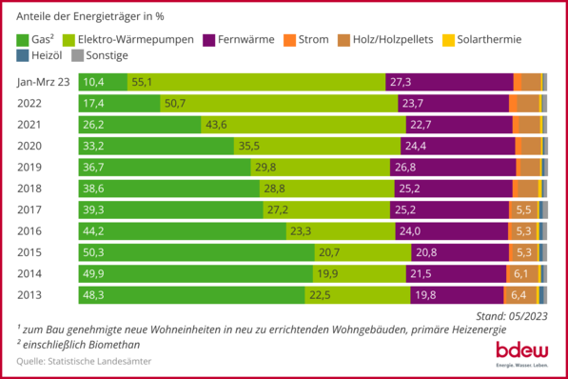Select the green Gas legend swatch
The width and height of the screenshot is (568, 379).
pos(24,40)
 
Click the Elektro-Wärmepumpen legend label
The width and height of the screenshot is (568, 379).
pos(139,40)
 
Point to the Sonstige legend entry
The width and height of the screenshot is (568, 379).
pos(107,57)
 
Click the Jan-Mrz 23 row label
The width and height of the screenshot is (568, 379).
pos(43,82)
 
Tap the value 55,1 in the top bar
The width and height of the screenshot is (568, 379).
pos(142,82)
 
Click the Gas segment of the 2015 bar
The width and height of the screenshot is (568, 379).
pos(196,252)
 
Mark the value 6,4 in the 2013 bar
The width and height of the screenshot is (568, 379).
pos(519,295)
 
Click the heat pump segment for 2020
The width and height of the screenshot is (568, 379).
pos(318,146)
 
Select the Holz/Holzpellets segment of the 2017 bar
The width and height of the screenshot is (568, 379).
pos(522,209)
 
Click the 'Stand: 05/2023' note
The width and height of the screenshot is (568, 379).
pos(513,315)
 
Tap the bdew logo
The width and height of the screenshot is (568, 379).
pos(521,350)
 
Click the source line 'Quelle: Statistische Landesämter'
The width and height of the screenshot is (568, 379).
pos(84,361)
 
